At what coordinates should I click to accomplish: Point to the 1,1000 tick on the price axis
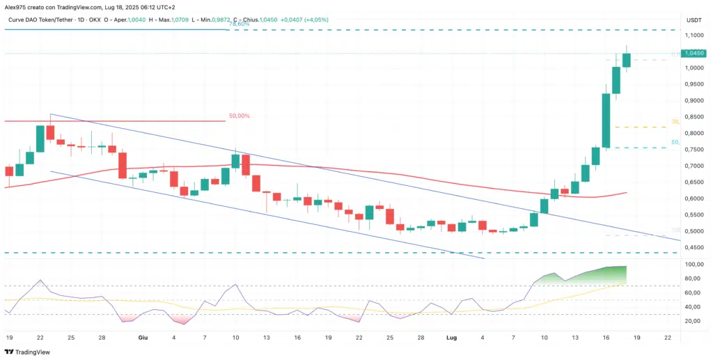click(x=693, y=35)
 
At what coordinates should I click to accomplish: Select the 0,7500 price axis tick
click(x=693, y=150)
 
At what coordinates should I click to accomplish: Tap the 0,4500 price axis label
click(x=693, y=247)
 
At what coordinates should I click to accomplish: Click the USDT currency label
click(x=693, y=19)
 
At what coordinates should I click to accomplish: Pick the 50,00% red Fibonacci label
click(x=240, y=116)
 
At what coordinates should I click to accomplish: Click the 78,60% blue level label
click(x=240, y=24)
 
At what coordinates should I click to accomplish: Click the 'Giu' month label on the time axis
click(x=142, y=337)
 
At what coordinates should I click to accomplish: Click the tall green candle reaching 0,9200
click(x=606, y=121)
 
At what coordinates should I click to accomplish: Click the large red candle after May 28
click(x=123, y=165)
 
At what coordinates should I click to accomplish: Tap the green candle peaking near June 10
click(x=236, y=161)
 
